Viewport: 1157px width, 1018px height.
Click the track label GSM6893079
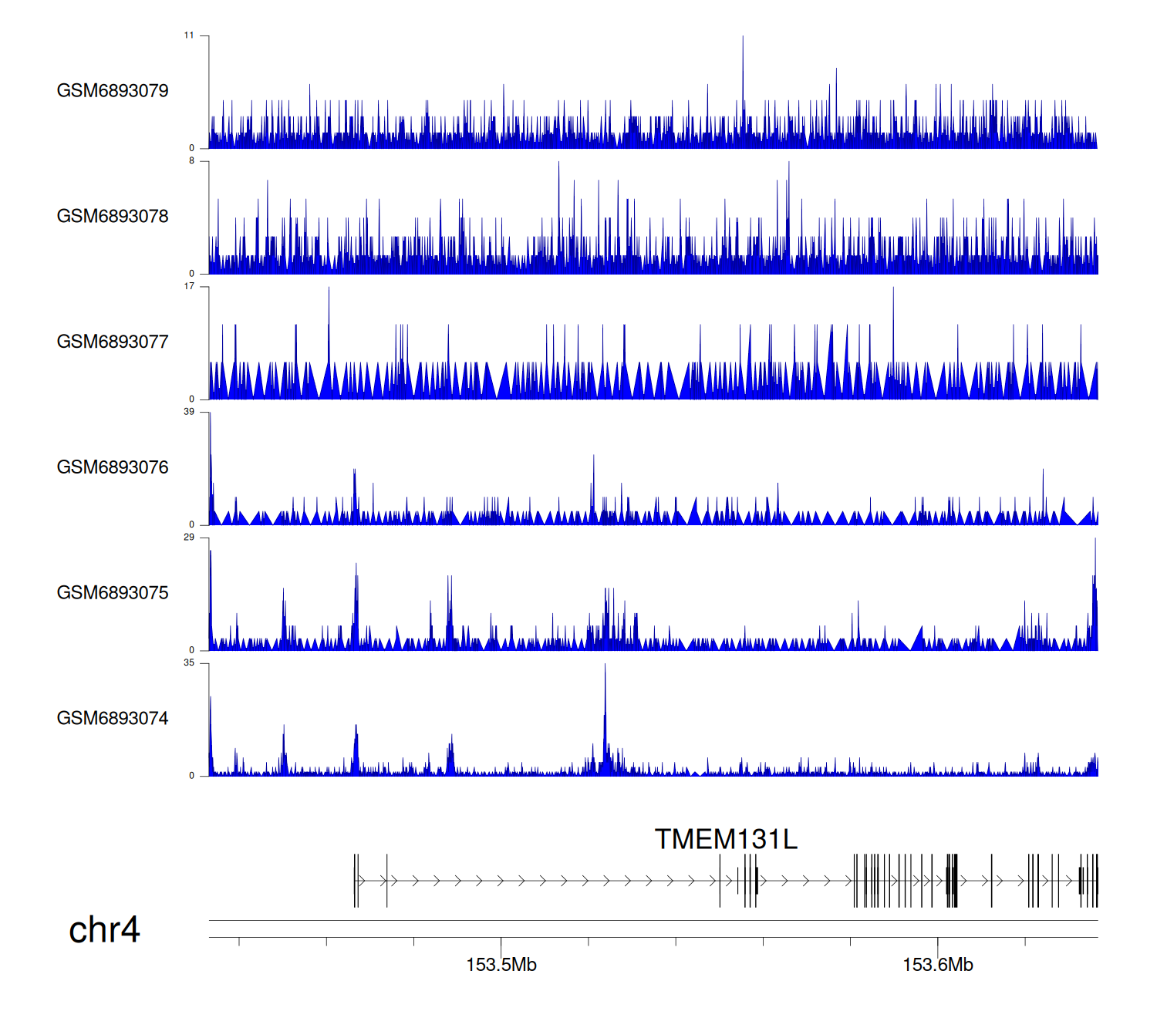113,91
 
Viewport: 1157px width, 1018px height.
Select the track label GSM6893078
113,217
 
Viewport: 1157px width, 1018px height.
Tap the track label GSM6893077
113,342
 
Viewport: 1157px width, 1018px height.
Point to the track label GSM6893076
113,467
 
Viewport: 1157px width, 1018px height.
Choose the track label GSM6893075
113,593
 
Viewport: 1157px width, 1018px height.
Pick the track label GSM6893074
113,719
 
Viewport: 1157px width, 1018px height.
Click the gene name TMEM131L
726,839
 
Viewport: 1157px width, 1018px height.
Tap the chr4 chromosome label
104,930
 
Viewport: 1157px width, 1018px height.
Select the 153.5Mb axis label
501,965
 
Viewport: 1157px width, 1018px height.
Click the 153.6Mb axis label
938,965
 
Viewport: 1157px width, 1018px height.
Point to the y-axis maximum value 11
189,35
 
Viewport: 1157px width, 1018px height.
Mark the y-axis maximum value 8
192,161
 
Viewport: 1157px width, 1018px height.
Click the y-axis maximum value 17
189,287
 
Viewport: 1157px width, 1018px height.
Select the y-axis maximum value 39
189,412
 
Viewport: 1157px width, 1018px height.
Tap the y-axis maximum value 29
189,538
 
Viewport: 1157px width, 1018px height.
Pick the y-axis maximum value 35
189,663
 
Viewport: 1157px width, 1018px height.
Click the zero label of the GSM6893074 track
192,776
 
